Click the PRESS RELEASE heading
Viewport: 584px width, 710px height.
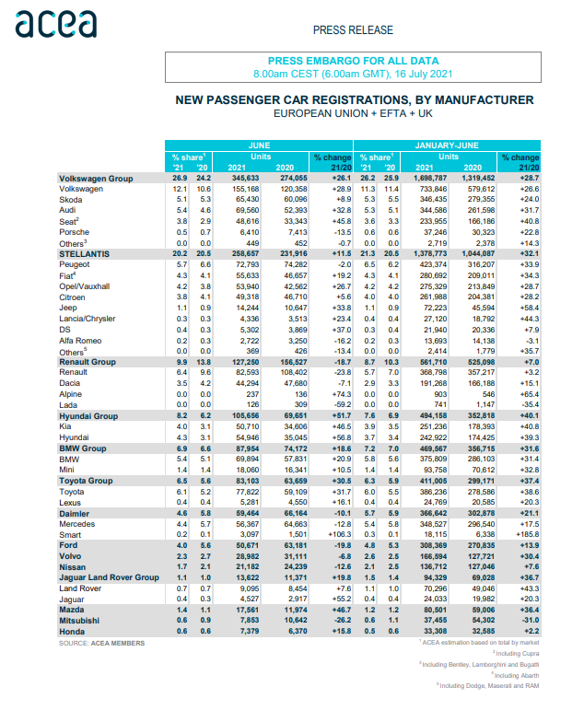353,29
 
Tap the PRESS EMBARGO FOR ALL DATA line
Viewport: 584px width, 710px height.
353,58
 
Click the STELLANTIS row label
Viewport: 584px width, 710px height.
85,252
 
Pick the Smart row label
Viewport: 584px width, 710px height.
70,533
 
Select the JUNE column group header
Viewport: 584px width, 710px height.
259,145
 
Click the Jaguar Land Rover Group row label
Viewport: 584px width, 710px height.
109,576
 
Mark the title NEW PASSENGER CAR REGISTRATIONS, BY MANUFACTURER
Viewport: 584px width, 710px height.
353,99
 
